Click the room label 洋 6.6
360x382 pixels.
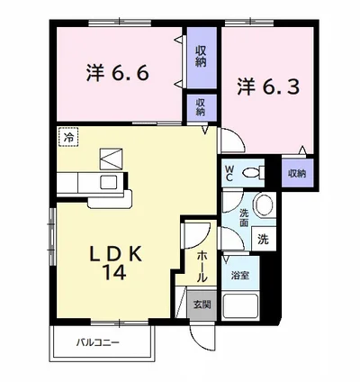pos(118,73)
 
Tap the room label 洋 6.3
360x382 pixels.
pos(269,86)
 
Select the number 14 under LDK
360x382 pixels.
pos(115,273)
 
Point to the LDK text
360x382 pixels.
pos(115,255)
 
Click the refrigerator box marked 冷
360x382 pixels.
pos(68,137)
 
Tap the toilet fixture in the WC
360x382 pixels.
pos(254,173)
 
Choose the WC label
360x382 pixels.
pos(229,173)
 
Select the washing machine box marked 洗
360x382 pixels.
pos(264,239)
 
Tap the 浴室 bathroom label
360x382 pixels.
pos(240,275)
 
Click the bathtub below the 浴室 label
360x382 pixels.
pos(240,305)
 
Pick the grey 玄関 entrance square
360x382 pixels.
pos(202,305)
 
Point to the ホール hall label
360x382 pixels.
pos(202,267)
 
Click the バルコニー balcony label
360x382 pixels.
pos(98,342)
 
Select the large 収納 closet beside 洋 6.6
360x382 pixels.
pos(202,58)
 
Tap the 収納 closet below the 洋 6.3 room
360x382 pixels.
pos(297,173)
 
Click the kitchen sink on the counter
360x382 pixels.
pos(109,182)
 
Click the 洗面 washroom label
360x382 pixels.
pos(244,218)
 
